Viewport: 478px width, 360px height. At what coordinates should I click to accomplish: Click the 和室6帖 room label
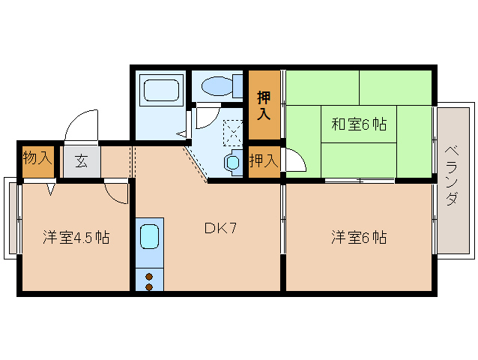coord(359,124)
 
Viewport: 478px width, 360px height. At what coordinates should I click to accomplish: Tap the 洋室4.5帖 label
coord(76,237)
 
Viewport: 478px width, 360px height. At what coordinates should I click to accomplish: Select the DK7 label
coord(220,228)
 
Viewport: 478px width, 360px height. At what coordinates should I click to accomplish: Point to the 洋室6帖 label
coord(359,237)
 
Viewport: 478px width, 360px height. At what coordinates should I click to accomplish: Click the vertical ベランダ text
coord(452,175)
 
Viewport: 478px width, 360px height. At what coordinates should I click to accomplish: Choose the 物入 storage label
coord(37,157)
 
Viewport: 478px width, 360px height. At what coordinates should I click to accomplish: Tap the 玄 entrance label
coord(82,161)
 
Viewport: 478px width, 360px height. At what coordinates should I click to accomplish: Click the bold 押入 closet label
coord(264,106)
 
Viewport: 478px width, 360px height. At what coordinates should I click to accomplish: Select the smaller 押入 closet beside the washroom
coord(264,160)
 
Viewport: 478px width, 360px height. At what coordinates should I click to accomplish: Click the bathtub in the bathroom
coord(161,90)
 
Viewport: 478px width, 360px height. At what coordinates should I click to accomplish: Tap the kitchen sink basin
coord(149,237)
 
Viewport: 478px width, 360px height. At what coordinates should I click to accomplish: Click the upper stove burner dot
coord(149,277)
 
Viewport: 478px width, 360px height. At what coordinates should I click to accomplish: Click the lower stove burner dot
coord(149,287)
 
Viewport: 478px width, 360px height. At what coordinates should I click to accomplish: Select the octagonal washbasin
coord(232,162)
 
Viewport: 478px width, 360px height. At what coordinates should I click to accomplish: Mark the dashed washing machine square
coord(233,133)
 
